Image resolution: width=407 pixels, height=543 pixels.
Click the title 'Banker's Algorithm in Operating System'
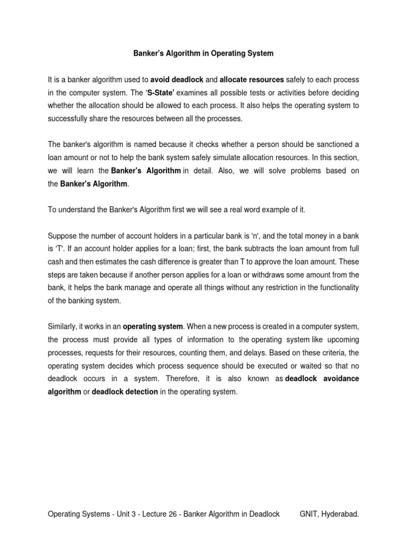(203, 54)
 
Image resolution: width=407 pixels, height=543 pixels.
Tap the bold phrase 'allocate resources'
(252, 80)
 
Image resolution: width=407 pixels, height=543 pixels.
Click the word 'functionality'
(335, 287)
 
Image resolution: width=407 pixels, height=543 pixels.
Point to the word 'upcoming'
(343, 340)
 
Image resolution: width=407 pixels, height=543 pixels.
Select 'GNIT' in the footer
(309, 514)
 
